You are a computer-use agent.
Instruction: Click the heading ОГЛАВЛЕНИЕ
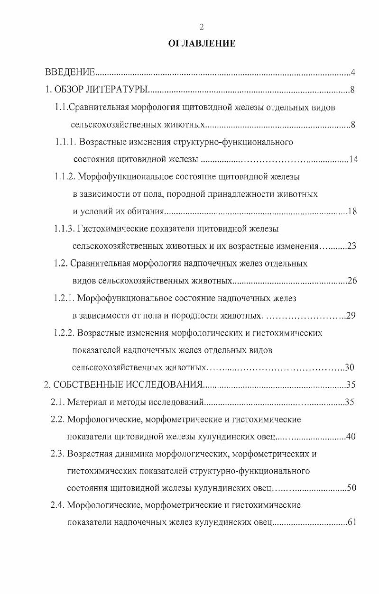[202, 44]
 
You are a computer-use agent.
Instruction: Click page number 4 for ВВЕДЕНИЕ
[353, 73]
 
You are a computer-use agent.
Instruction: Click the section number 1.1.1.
[65, 142]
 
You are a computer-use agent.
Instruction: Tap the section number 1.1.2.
[65, 177]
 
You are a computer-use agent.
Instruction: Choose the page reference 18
[352, 211]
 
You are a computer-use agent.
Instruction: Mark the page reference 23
[351, 246]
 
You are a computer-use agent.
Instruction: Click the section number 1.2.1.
[64, 298]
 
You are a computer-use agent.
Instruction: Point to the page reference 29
[351, 316]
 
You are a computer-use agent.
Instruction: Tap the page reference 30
[350, 367]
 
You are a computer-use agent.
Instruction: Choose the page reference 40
[351, 437]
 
